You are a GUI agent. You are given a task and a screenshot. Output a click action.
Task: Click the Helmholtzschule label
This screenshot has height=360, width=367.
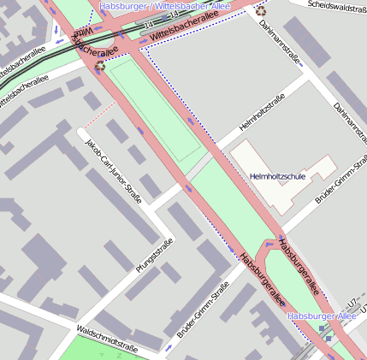277,176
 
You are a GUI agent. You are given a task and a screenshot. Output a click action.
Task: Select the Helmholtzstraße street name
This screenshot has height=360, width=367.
262,114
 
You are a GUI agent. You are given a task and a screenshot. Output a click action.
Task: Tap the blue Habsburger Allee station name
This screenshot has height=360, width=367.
322,316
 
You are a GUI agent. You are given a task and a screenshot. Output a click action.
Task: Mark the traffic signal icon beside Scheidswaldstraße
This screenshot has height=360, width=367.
260,11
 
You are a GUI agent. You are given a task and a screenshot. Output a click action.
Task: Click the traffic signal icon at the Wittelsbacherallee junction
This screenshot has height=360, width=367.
101,63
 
